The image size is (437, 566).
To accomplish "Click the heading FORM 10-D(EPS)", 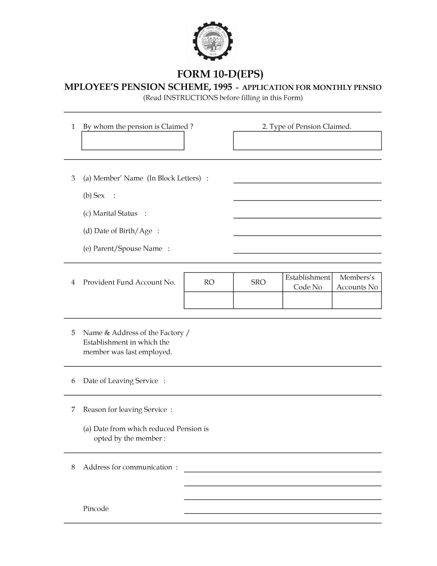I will [220, 74].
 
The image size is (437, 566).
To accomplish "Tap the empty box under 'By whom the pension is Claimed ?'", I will [133, 141].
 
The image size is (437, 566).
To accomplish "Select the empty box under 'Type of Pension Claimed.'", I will [307, 141].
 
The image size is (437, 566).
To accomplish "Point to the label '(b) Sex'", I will [94, 196].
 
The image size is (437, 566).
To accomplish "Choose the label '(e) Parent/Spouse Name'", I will [123, 249].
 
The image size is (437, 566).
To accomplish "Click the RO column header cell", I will [209, 282].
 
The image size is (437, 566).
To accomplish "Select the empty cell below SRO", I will [258, 300].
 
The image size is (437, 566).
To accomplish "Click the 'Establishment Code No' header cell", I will [307, 282].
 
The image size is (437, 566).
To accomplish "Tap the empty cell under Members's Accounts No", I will [357, 300].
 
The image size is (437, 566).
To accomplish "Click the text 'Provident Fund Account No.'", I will [129, 282].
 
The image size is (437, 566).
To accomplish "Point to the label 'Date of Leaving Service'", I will [120, 381].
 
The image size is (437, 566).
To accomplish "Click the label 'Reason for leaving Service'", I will [125, 410].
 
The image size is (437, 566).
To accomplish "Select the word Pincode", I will [96, 509].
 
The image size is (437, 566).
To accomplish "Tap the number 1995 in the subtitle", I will [223, 87].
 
